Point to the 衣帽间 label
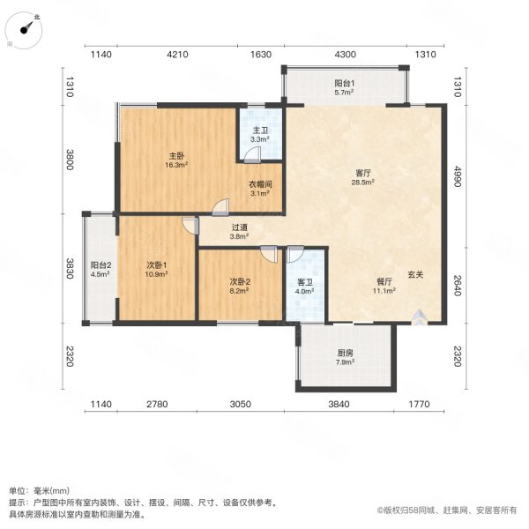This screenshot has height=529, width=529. [258, 184]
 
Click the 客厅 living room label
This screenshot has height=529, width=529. [361, 174]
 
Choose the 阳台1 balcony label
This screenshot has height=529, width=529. [344, 82]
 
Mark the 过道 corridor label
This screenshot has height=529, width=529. [239, 226]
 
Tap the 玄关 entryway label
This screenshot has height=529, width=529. [414, 274]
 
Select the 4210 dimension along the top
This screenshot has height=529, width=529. [178, 55]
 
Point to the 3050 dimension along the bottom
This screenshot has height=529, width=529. [241, 405]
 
